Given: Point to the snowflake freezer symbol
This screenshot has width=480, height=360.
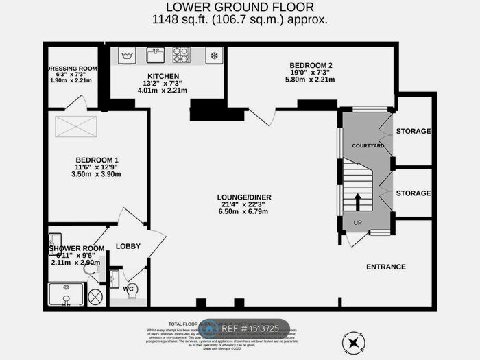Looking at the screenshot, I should pos(213,55).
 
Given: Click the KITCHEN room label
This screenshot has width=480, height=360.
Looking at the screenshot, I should pos(163,76).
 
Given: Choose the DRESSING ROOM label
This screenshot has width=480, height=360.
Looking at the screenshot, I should pos(72,69).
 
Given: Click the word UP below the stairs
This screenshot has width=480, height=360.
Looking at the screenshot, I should pos(357,224).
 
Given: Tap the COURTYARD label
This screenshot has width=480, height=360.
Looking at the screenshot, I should pos(368,146).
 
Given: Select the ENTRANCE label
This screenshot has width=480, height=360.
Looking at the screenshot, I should pos(386,267).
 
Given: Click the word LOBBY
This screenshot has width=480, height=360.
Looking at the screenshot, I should pos(128,246).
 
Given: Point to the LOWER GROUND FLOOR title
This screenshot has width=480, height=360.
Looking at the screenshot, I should pos(240,8).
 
